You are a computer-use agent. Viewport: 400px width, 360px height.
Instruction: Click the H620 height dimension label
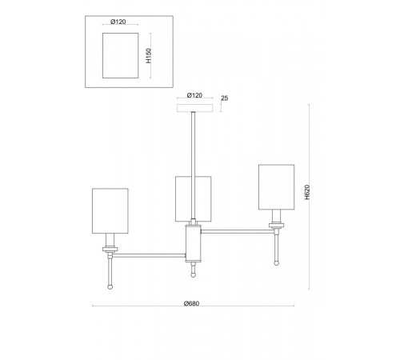coord(307,192)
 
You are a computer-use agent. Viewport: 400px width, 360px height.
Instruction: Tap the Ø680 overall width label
coord(191,303)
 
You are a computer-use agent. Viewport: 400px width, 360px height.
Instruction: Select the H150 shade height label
coord(149,56)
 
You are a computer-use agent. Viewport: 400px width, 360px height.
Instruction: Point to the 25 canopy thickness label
coord(225,98)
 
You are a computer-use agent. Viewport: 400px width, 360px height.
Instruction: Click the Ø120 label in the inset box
coord(118,22)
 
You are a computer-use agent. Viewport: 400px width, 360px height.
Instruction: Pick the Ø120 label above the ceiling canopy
coord(194,95)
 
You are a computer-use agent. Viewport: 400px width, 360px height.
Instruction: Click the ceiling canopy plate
coord(195,108)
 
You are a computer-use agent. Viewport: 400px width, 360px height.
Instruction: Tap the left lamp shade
coord(110,211)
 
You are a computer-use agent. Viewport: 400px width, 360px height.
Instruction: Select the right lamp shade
coord(276,187)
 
